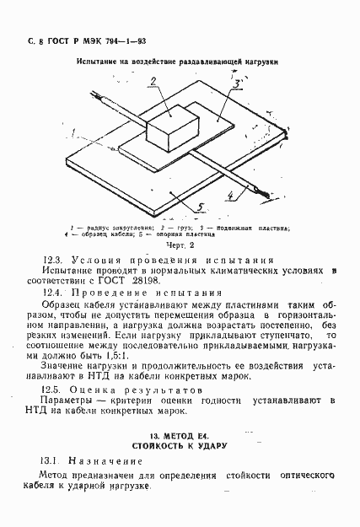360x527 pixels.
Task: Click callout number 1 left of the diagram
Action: (x=73, y=132)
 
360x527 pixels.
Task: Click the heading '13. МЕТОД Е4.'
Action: (x=178, y=433)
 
